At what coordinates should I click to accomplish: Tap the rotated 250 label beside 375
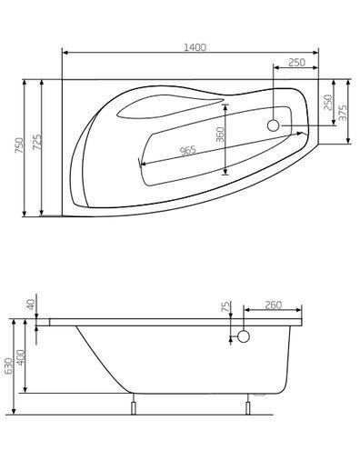326,102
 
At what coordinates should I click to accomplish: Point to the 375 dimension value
342,112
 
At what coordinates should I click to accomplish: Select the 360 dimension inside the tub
219,135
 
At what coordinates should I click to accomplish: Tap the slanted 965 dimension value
187,151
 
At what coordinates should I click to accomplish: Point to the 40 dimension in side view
31,305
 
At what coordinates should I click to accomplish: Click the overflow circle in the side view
242,337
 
